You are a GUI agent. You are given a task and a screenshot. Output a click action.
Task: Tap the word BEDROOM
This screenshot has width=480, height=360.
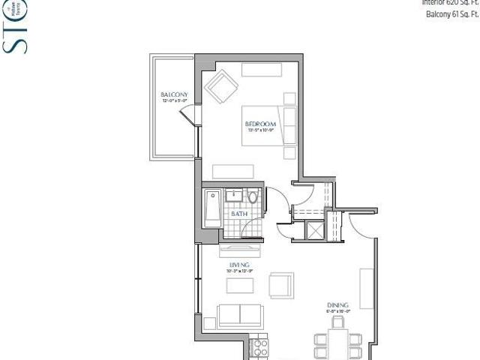coord(260,124)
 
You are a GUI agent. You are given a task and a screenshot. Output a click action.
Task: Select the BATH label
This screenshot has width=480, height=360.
coord(238,214)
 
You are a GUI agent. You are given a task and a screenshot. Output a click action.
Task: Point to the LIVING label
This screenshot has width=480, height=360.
coord(239,265)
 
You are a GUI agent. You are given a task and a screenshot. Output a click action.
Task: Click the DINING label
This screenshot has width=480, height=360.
coord(337,305)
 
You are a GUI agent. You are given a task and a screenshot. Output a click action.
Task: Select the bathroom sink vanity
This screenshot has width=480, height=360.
coord(233,197)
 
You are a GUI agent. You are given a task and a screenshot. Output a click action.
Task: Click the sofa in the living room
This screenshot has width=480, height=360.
coord(239,315)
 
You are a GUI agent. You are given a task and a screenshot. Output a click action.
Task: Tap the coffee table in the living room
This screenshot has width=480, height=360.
coord(240,286)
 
